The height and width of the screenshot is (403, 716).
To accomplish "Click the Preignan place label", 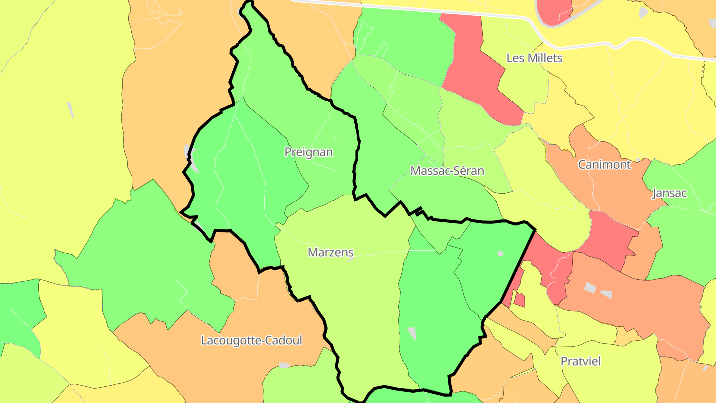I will tap(308, 152).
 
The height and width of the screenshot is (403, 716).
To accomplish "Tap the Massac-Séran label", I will tap(447, 171).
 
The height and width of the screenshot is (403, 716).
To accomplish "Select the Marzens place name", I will tap(330, 252).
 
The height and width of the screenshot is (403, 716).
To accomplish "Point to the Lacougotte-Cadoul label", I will tap(252, 340).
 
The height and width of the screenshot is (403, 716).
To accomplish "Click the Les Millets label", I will tap(534, 58).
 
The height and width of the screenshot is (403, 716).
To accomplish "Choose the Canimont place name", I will tap(604, 164).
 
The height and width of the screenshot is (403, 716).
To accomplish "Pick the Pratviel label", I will tap(580, 361).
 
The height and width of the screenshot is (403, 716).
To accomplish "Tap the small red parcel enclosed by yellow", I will tap(519, 300).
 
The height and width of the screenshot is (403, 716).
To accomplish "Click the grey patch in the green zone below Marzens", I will tap(412, 333).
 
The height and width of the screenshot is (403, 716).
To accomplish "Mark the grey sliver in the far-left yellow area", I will tap(70, 110).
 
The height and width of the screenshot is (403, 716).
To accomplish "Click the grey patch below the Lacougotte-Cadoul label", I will tap(284, 365).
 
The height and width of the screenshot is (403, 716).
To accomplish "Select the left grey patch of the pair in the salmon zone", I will tap(589, 288).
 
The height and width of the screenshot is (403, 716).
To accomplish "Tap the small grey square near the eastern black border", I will tap(500, 254).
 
